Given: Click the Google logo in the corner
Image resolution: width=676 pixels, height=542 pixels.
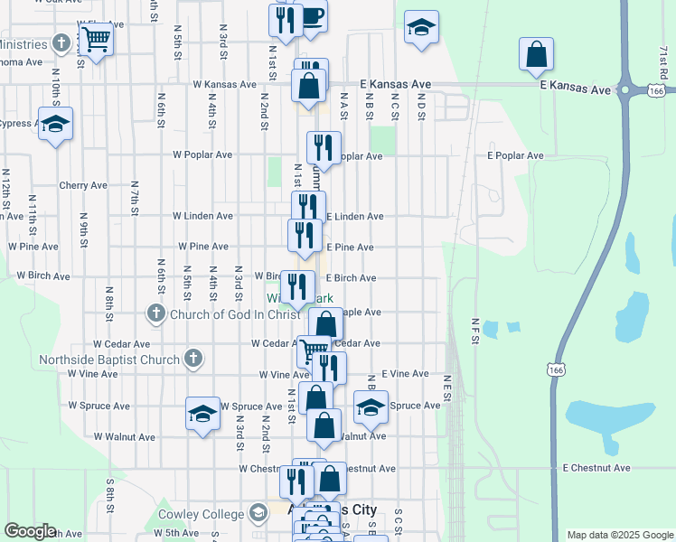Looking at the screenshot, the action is click(x=31, y=531).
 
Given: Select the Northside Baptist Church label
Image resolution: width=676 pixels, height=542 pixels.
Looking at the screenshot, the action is click(x=109, y=360).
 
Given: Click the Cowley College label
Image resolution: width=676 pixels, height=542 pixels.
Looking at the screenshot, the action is click(x=201, y=514).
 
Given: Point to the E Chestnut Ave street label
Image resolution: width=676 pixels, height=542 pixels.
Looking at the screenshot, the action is click(x=596, y=468).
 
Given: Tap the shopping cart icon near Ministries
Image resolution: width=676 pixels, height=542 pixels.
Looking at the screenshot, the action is click(x=96, y=39).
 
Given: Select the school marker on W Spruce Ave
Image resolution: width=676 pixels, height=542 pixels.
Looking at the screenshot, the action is click(x=203, y=414).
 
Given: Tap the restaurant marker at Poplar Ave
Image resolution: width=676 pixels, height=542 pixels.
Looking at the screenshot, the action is click(x=324, y=147).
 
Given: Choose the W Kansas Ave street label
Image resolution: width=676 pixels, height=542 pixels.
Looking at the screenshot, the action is click(x=223, y=84).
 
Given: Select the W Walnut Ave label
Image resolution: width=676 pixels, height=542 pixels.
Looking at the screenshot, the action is click(x=125, y=436).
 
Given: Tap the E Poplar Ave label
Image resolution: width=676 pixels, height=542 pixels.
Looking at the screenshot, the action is click(x=515, y=155).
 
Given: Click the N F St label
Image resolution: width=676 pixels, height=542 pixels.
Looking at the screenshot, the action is click(x=474, y=328).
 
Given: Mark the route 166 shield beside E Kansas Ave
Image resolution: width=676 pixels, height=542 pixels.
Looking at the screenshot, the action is click(x=657, y=90).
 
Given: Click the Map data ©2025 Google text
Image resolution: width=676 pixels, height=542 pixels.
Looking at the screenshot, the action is click(x=619, y=535).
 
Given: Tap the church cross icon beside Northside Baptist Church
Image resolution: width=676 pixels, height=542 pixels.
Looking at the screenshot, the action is click(x=192, y=360).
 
